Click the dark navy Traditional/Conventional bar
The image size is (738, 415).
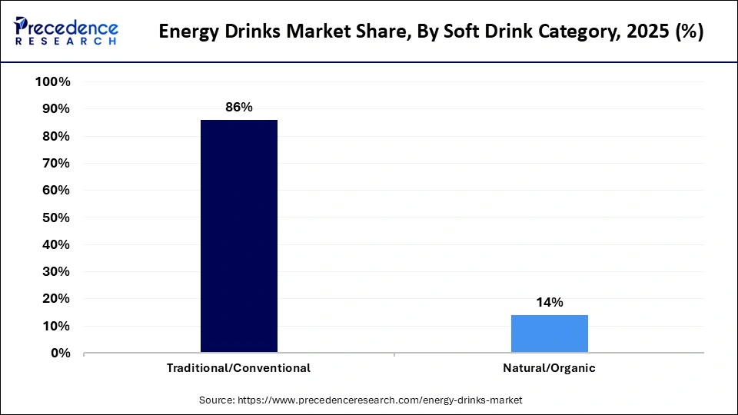click(238, 236)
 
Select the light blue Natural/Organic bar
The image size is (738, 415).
click(549, 334)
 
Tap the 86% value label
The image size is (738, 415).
click(238, 108)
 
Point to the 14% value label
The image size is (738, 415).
click(549, 303)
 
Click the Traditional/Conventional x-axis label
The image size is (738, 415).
click(238, 368)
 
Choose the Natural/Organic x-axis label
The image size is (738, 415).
click(549, 368)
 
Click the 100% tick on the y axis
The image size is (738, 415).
click(53, 82)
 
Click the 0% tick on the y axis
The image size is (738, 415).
click(59, 354)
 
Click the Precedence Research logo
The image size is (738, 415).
click(66, 31)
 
